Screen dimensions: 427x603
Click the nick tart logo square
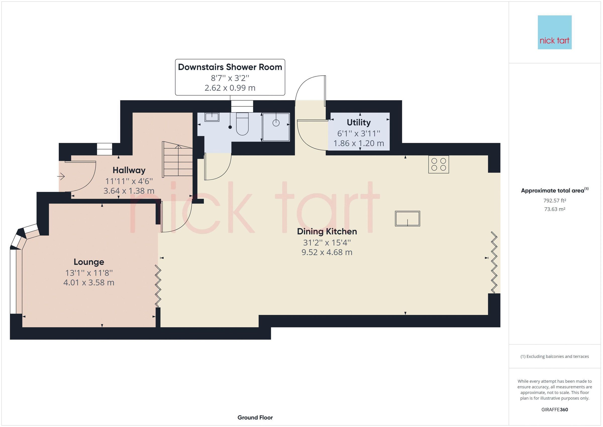(x=555, y=32)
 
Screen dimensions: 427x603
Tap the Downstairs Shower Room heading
(x=230, y=67)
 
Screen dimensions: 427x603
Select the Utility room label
(x=359, y=122)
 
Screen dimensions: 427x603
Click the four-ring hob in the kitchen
(x=438, y=164)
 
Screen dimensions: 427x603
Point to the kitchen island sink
(x=407, y=219)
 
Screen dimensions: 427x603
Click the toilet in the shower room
(x=242, y=124)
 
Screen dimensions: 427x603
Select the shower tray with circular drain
(x=276, y=127)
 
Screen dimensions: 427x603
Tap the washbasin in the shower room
(x=212, y=117)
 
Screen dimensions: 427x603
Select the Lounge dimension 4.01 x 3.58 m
(x=89, y=282)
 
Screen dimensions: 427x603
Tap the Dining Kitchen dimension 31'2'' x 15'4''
(x=327, y=242)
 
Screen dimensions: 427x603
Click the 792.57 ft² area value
(x=555, y=201)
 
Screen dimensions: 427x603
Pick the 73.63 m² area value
(x=555, y=209)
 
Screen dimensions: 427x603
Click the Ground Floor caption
(x=255, y=417)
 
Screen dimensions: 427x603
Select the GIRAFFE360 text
(x=555, y=409)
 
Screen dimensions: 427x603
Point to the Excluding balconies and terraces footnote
(x=555, y=356)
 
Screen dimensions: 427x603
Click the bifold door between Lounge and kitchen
(x=158, y=286)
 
